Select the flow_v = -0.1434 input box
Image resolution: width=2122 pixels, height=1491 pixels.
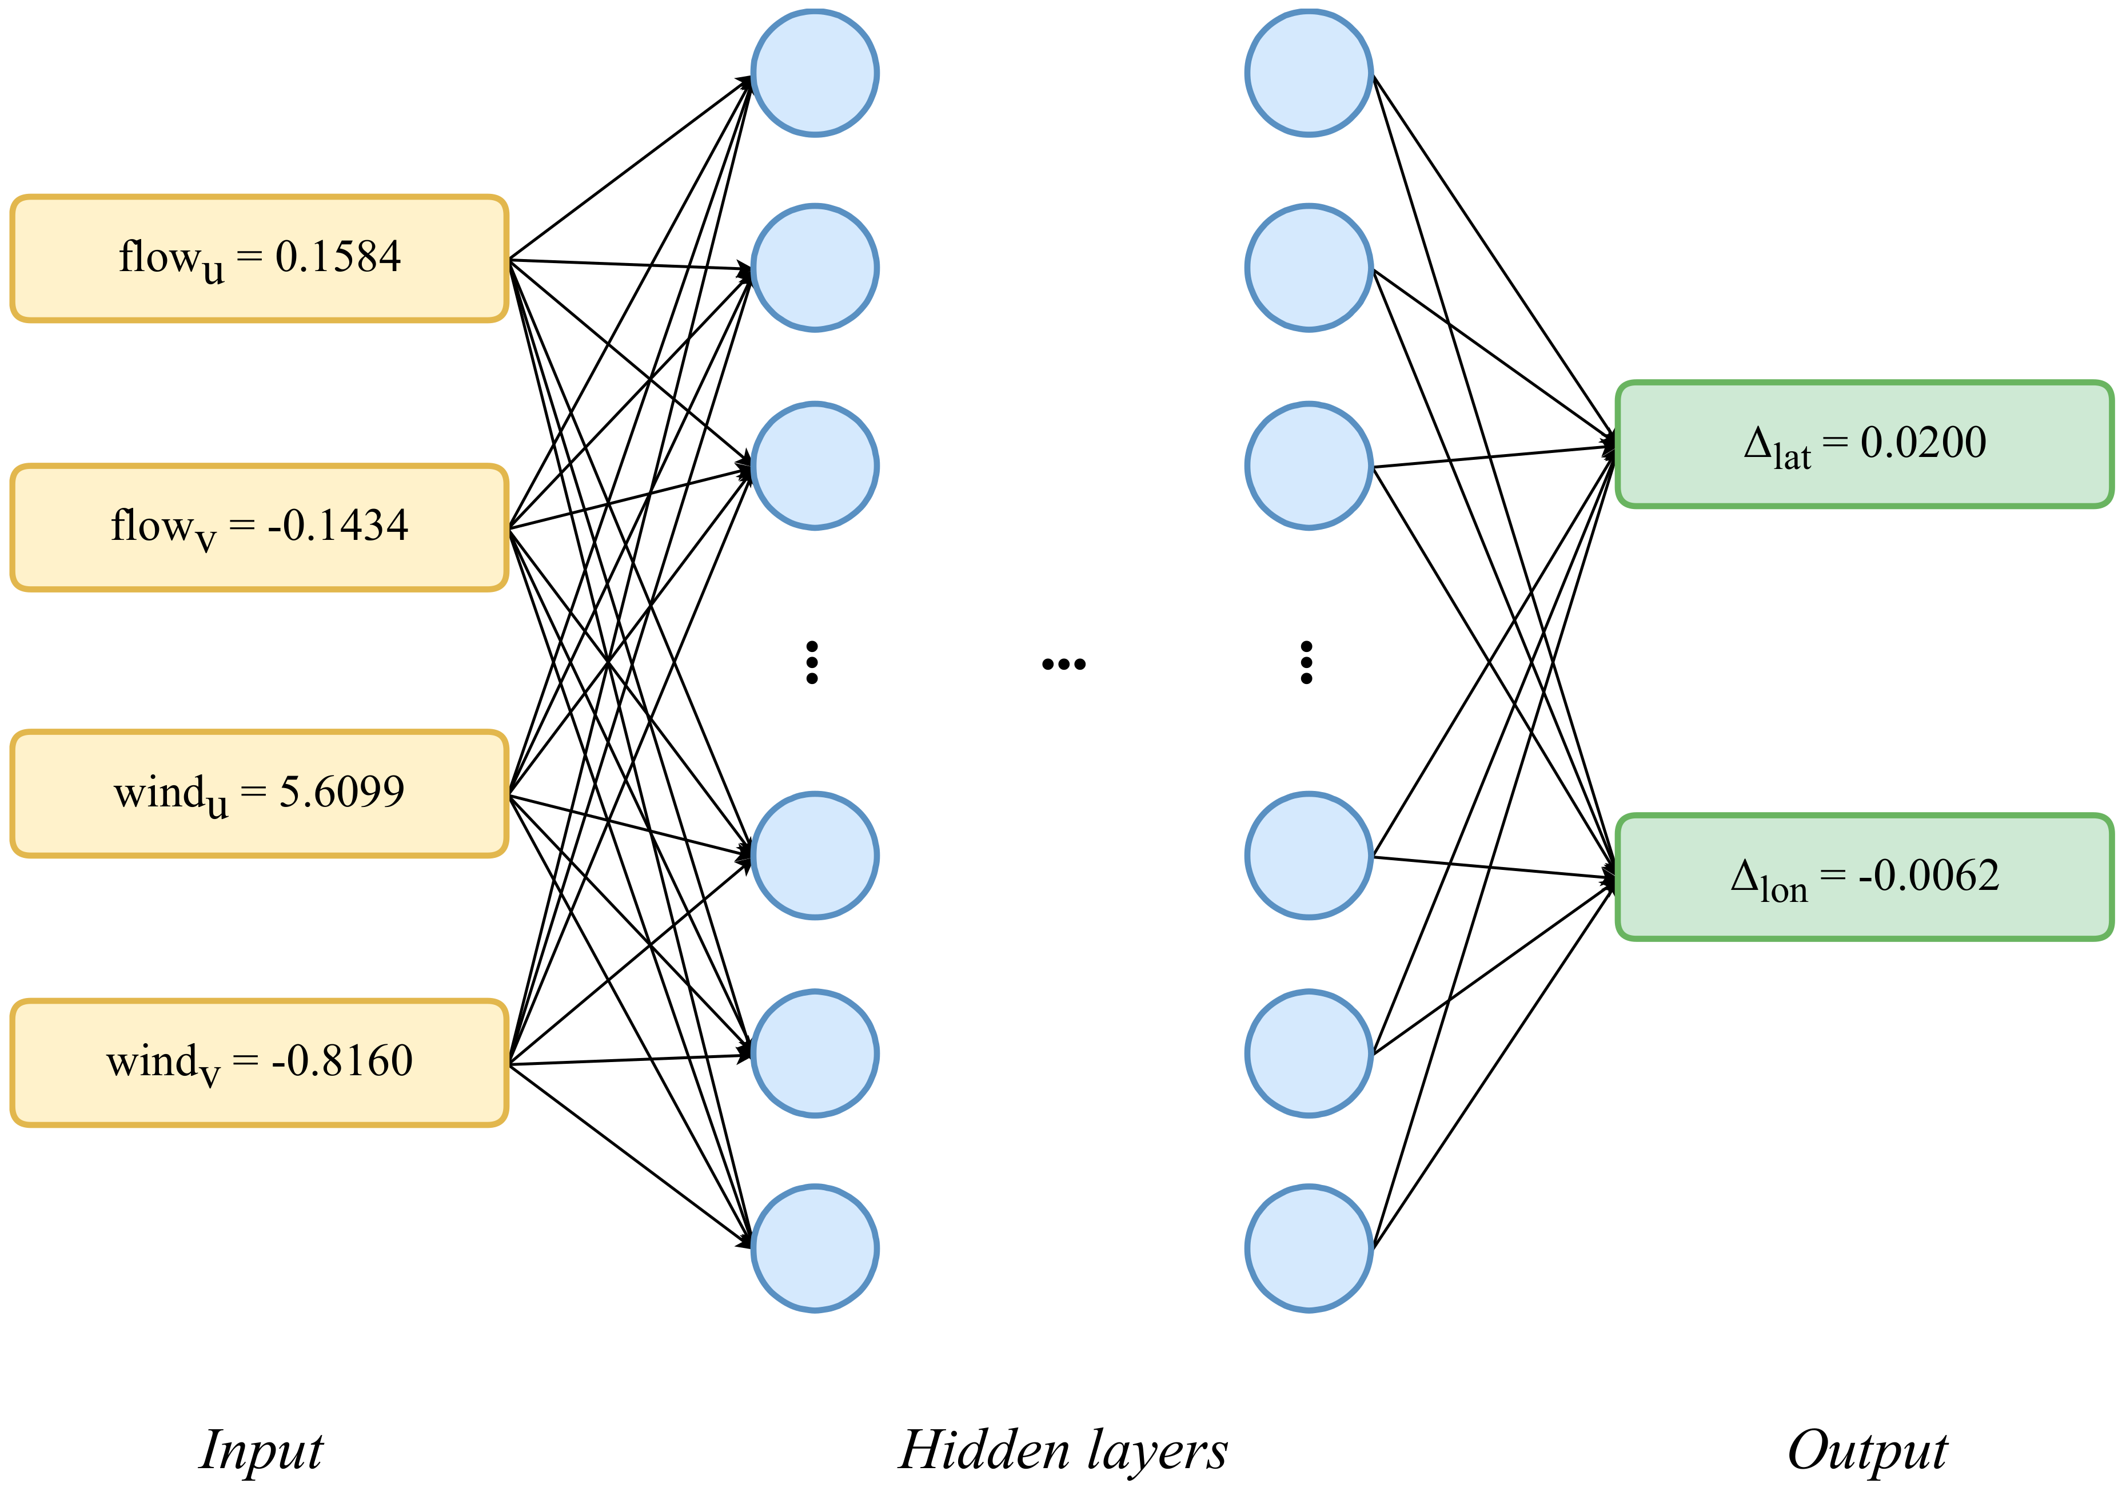pos(259,527)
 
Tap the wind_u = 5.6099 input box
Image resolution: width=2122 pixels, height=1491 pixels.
pos(259,794)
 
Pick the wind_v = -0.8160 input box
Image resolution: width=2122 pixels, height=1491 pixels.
pos(259,1062)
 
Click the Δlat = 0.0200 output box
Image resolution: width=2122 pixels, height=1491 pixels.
pos(1864,444)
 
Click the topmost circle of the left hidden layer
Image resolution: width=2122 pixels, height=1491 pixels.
pos(814,73)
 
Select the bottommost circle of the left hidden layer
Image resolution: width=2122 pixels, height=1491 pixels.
pos(814,1248)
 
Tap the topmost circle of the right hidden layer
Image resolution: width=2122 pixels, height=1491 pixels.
pos(1308,73)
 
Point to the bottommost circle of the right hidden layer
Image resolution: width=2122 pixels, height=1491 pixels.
pos(1308,1248)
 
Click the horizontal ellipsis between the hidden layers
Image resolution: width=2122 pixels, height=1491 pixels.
pos(1063,663)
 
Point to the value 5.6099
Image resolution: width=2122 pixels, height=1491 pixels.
pos(341,792)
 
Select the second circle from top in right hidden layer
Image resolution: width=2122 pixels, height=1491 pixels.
pos(1308,268)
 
